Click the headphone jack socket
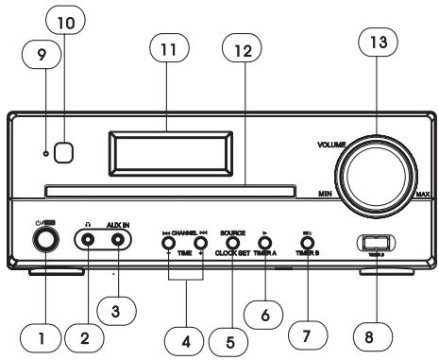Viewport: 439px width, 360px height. coord(89,241)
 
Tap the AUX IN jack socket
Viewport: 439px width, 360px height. coord(118,241)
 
